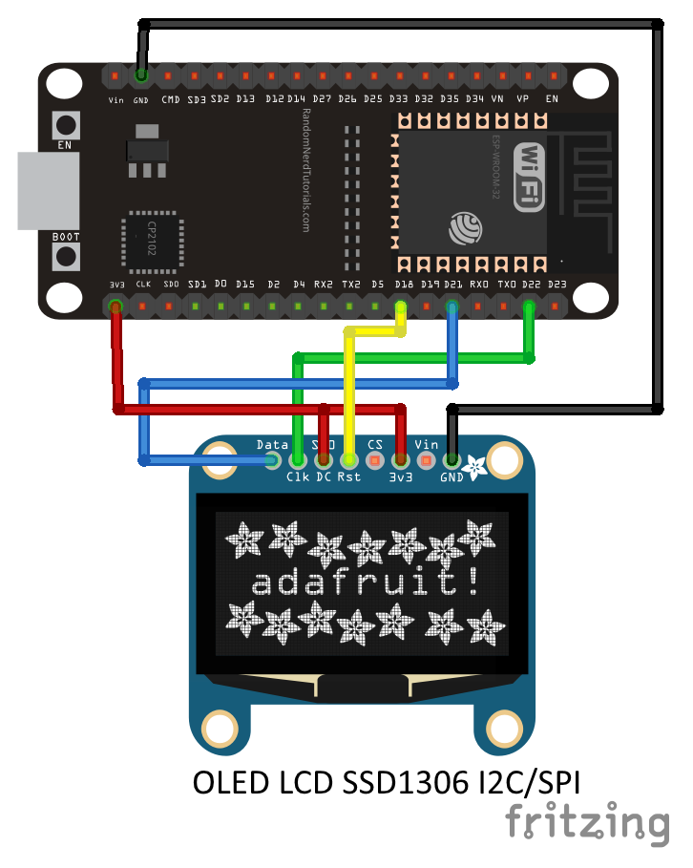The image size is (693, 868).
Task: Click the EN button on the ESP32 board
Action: [x=66, y=125]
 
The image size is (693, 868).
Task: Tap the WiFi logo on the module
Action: [x=530, y=177]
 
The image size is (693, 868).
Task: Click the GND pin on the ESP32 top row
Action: [x=141, y=74]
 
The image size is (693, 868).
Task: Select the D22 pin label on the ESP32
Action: [x=532, y=285]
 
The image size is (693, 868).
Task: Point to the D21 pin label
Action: [x=452, y=285]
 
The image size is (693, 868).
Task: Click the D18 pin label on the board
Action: [x=402, y=285]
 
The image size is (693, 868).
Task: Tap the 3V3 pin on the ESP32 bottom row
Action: [x=115, y=307]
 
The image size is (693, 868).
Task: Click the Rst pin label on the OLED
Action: [x=349, y=476]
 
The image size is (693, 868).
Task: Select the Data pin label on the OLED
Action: [x=273, y=445]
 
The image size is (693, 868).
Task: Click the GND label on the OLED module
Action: [x=451, y=476]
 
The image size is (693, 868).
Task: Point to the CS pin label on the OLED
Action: [x=375, y=445]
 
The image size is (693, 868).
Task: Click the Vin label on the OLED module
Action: [x=427, y=445]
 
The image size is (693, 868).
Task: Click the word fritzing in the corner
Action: [x=586, y=822]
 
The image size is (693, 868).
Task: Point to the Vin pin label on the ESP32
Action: [x=115, y=99]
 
